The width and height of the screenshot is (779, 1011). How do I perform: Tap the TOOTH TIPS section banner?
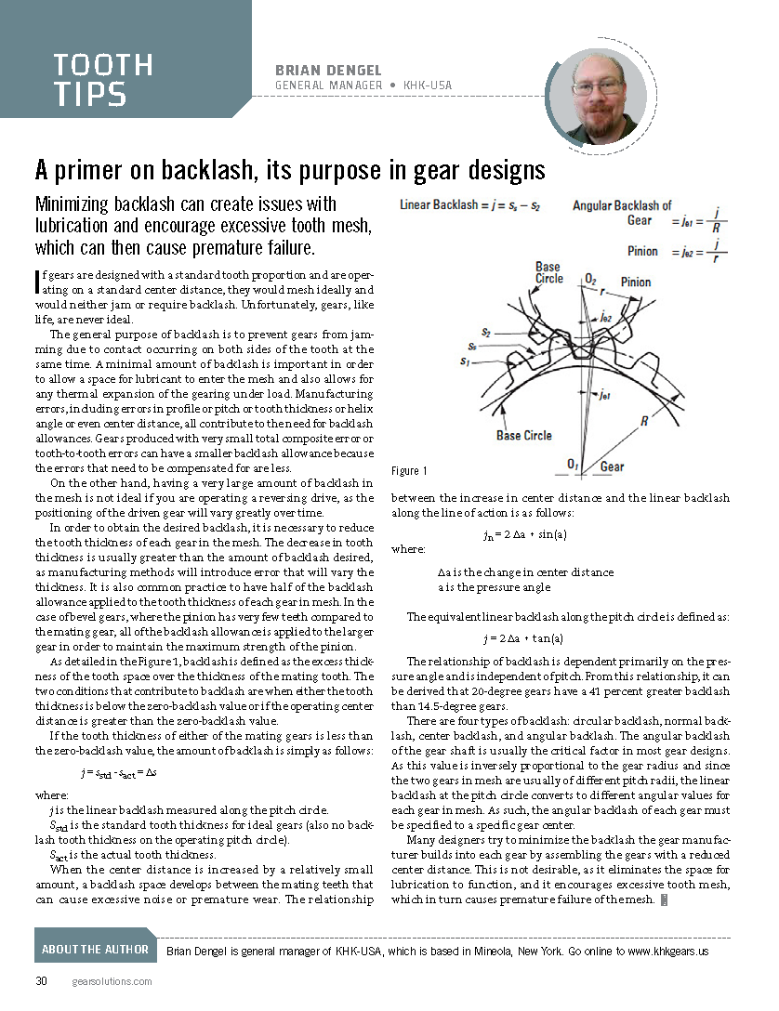103,79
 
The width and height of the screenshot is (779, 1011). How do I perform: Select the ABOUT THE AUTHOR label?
95,949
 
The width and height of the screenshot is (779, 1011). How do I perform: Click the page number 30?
42,981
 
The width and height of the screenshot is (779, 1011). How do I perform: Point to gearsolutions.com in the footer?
112,981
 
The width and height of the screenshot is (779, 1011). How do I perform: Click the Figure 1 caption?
410,471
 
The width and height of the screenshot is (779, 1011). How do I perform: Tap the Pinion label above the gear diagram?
636,282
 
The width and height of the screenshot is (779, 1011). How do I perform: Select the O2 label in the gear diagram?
591,279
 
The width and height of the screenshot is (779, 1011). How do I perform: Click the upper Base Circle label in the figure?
548,273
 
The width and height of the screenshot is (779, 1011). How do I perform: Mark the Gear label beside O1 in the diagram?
612,466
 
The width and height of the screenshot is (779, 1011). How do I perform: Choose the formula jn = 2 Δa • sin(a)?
525,534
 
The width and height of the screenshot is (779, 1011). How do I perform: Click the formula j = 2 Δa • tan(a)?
523,637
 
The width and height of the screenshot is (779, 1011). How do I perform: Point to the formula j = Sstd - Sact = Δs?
118,772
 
